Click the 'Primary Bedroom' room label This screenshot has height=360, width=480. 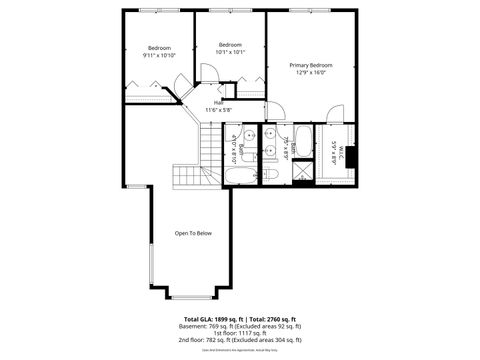pyautogui.click(x=311, y=65)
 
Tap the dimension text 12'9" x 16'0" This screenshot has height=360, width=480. pyautogui.click(x=311, y=73)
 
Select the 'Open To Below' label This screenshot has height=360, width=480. pyautogui.click(x=193, y=233)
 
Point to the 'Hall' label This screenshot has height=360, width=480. pyautogui.click(x=218, y=102)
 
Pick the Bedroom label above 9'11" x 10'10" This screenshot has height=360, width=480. pyautogui.click(x=159, y=48)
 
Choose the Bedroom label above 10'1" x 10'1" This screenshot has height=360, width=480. pyautogui.click(x=230, y=44)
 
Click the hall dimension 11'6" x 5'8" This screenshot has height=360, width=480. pyautogui.click(x=219, y=109)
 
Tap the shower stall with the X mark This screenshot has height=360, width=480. pyautogui.click(x=300, y=173)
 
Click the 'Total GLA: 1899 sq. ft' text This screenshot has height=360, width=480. pyautogui.click(x=206, y=317)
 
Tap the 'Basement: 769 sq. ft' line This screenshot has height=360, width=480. pyautogui.click(x=240, y=326)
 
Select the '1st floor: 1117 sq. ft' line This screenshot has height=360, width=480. pyautogui.click(x=240, y=333)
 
